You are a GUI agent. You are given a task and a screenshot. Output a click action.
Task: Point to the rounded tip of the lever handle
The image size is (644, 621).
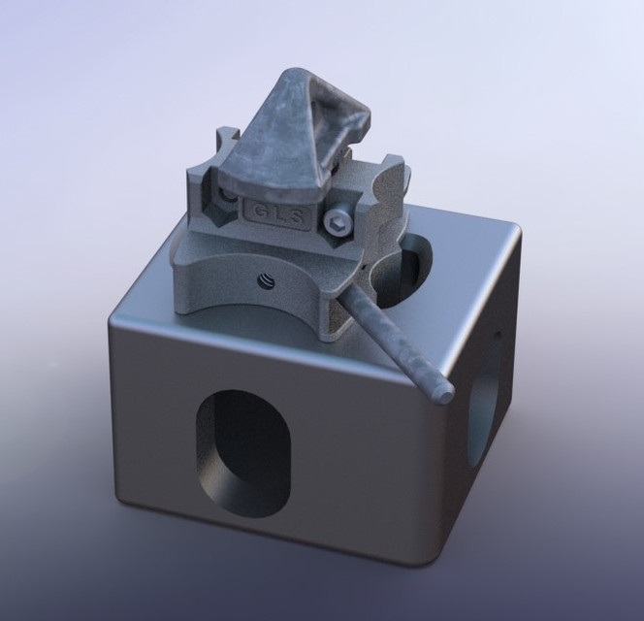(445, 394)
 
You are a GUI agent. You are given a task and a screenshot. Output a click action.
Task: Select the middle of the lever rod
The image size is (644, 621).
(394, 341)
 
